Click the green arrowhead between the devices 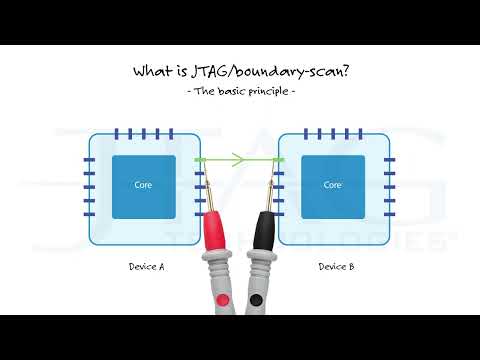point(242,159)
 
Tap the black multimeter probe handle point(263,231)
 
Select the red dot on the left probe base point(222,300)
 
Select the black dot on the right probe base point(257,300)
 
